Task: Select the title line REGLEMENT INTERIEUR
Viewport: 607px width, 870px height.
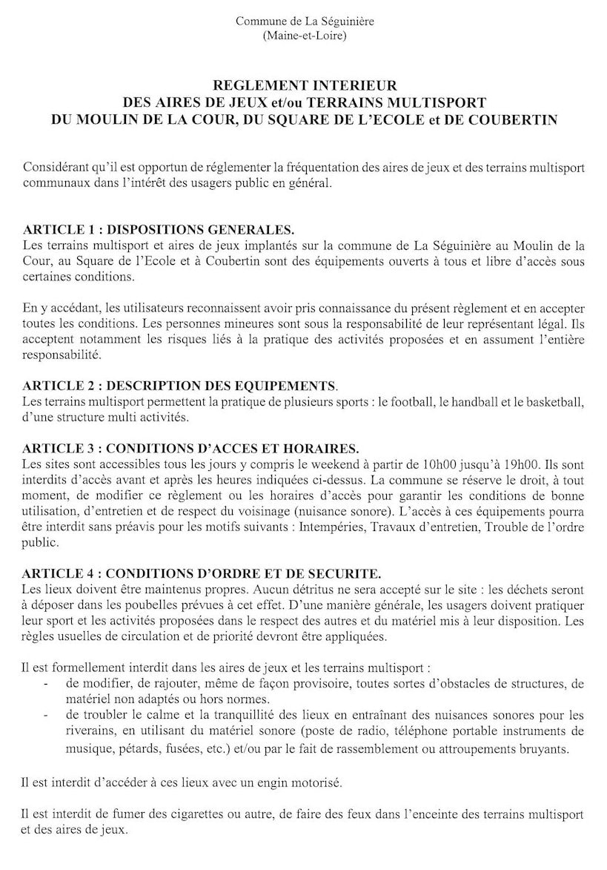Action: click(x=305, y=87)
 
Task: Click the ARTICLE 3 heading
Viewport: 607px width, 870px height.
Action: click(x=190, y=448)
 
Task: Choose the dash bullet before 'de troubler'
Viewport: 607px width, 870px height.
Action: click(x=47, y=716)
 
